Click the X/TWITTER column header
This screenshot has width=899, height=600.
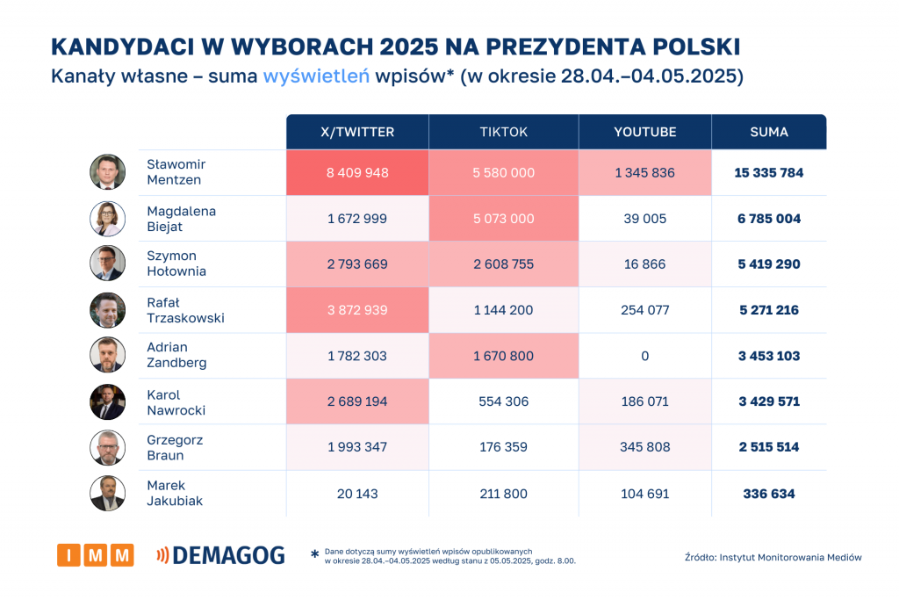(x=357, y=132)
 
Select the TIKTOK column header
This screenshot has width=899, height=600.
(x=503, y=132)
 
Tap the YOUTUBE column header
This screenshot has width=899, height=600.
(x=645, y=132)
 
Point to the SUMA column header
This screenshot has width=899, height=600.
(x=769, y=132)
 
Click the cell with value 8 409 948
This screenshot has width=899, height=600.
(x=357, y=173)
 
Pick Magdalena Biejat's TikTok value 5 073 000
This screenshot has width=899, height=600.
(x=503, y=219)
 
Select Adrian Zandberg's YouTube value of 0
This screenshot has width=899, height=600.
(x=645, y=356)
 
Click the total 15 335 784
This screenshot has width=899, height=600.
(x=769, y=173)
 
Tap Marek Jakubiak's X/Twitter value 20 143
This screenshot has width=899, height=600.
(x=357, y=494)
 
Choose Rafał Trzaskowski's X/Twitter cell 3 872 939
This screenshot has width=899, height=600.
(x=357, y=310)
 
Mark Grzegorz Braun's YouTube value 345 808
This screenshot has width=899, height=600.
(x=645, y=447)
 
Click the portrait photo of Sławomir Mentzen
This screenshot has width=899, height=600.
(x=108, y=172)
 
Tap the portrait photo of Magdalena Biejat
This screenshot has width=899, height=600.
(x=108, y=219)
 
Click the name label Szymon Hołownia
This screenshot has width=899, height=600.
(x=176, y=264)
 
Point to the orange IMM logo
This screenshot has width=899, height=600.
(x=96, y=555)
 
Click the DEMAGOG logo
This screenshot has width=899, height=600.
(x=220, y=555)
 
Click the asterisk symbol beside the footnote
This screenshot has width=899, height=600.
(x=314, y=555)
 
